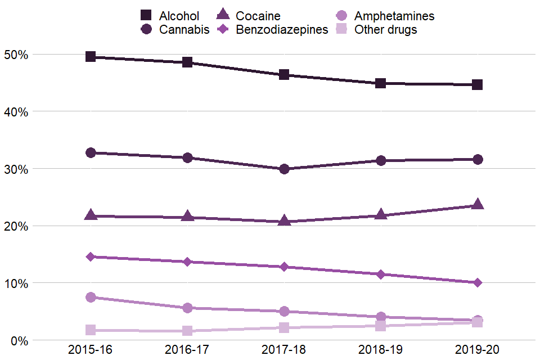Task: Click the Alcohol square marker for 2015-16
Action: tap(91, 57)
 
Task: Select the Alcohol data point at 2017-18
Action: tap(284, 75)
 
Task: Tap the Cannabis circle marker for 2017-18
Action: tap(284, 169)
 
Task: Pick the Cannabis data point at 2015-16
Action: tap(91, 152)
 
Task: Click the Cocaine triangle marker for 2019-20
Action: tap(477, 204)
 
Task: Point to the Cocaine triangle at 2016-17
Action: tap(187, 217)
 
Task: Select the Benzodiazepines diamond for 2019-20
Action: tap(477, 282)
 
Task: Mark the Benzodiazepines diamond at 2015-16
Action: tap(91, 256)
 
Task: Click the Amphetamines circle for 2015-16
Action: tap(91, 297)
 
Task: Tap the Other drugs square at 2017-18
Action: tap(284, 328)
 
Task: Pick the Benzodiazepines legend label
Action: tap(282, 30)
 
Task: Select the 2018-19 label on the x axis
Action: tap(381, 349)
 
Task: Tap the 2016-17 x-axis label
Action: tap(187, 349)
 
